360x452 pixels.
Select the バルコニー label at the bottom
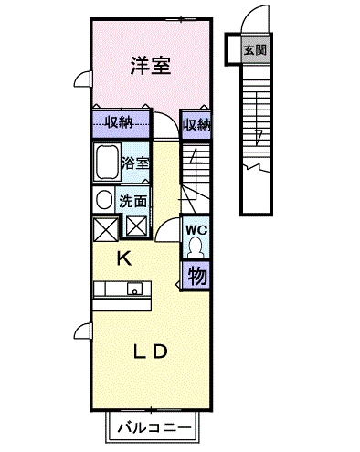153,427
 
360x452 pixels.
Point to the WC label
196,229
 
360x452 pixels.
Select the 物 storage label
196,273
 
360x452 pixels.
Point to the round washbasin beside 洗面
103,200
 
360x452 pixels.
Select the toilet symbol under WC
196,247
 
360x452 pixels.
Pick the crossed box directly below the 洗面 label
135,227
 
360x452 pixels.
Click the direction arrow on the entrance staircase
259,137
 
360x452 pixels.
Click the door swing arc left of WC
167,232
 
